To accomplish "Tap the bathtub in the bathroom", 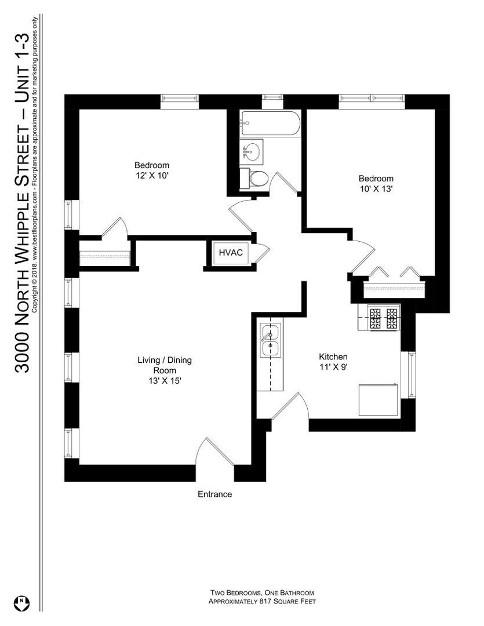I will [x=270, y=124].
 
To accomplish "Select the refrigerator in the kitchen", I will [x=378, y=399].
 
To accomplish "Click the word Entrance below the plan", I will [x=214, y=494].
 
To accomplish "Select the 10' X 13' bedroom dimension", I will [x=376, y=189].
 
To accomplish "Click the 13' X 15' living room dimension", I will [x=164, y=381].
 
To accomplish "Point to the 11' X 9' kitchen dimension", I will [x=333, y=366].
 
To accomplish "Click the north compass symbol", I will [x=22, y=602].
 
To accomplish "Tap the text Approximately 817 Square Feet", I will [x=262, y=602].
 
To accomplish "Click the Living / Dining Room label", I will [x=164, y=365].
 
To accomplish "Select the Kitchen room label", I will [x=333, y=356].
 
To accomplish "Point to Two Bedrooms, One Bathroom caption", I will [x=262, y=593].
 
